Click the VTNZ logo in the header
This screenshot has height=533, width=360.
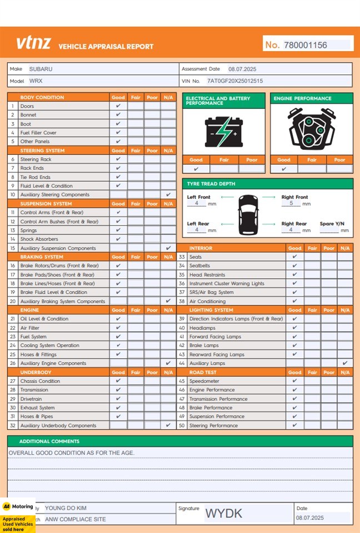click(33, 43)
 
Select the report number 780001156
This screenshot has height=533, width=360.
click(305, 45)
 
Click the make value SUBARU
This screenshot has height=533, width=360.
click(41, 69)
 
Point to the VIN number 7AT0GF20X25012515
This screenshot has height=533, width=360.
click(235, 81)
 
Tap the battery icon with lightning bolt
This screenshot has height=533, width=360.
click(223, 132)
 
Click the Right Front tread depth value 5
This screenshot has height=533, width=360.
click(291, 204)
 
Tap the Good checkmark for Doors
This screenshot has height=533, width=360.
click(118, 106)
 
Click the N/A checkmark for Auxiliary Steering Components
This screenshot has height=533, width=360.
click(168, 195)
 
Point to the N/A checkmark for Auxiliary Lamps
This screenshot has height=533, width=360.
click(345, 363)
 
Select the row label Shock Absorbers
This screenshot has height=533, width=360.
click(38, 239)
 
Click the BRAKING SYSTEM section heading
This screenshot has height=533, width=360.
click(42, 257)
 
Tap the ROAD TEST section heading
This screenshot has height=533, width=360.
click(203, 373)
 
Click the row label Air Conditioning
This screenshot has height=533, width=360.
click(207, 301)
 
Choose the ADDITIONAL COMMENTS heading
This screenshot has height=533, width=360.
click(49, 441)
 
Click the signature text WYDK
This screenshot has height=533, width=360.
click(224, 514)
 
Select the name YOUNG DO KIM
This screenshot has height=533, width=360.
click(66, 508)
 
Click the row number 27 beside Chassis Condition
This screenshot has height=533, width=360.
click(12, 381)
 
